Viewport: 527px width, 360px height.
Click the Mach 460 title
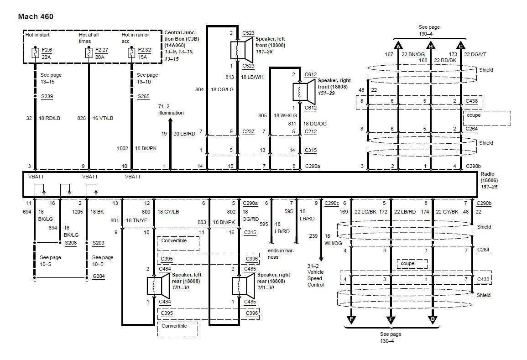tap(36, 17)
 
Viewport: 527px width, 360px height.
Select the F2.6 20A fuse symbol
tap(35, 53)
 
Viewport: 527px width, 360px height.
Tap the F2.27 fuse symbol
tap(89, 53)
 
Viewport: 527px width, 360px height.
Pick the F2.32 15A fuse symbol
tap(131, 53)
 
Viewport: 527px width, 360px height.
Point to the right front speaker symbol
tap(303, 90)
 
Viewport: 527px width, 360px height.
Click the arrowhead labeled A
tap(398, 46)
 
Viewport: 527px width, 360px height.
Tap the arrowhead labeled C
tap(461, 46)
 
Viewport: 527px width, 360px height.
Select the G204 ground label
tap(99, 277)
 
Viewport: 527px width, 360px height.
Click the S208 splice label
tap(71, 243)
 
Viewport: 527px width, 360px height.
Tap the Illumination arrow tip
tap(171, 120)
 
